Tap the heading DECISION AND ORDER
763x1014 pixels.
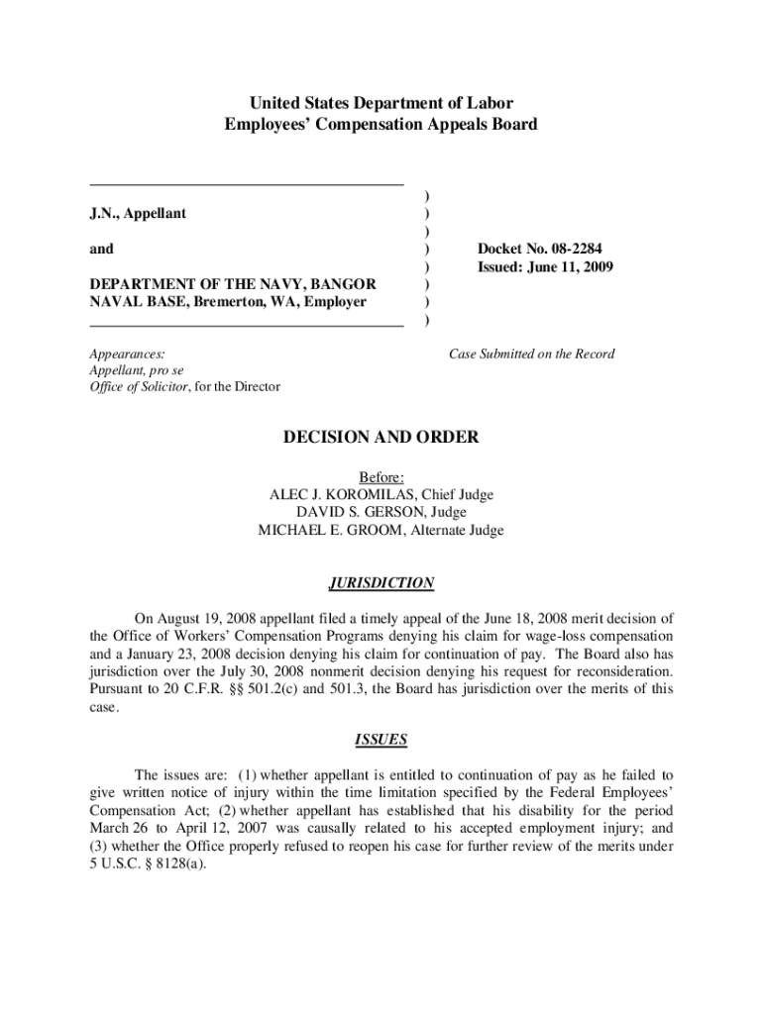pyautogui.click(x=381, y=437)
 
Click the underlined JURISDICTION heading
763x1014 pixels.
pyautogui.click(x=381, y=583)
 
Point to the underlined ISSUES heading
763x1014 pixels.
pyautogui.click(x=381, y=740)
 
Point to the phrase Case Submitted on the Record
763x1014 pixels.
pyautogui.click(x=531, y=354)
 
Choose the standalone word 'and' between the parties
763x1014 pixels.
pyautogui.click(x=100, y=250)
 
